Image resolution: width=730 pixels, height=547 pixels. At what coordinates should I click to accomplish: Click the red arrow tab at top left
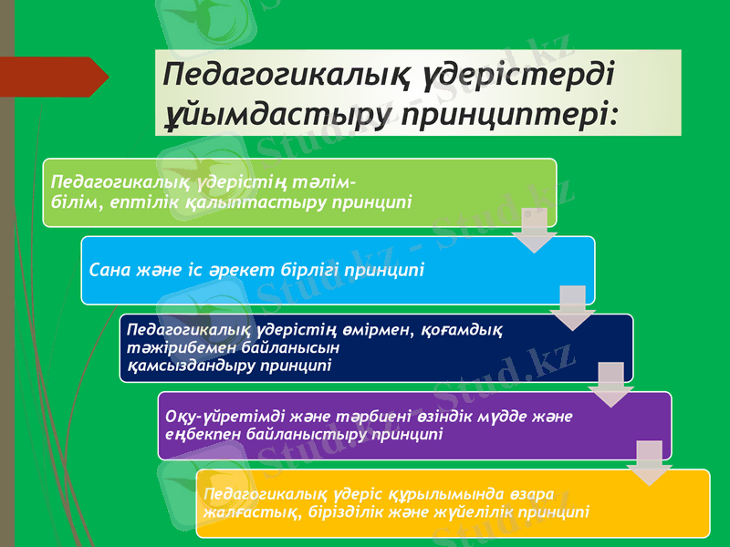click(55, 76)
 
